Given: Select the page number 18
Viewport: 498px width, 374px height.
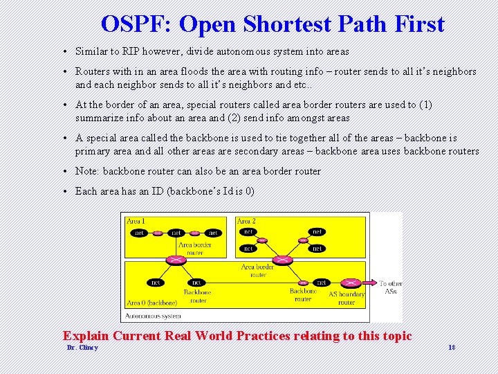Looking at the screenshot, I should point(452,347).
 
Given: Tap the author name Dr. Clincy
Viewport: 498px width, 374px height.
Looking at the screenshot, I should point(82,347).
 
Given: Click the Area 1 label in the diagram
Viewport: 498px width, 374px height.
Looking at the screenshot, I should point(136,221).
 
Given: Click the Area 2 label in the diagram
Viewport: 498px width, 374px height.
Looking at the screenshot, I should point(246,221).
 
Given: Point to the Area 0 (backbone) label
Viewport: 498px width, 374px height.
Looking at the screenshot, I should point(151,303).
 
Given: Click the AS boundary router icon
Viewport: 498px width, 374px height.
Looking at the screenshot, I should point(352,283).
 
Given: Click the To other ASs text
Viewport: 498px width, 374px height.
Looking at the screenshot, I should point(390,287).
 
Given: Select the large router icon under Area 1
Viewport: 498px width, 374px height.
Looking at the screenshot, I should point(176,259).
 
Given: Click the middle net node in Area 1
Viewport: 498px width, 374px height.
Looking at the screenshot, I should point(176,233).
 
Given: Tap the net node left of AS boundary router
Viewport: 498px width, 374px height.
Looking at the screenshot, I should point(322,283).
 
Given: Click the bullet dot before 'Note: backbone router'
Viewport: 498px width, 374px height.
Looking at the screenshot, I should point(63,172).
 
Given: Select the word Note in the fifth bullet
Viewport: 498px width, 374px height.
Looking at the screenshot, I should point(86,171).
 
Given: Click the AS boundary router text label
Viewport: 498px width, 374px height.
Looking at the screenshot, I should point(347,298).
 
